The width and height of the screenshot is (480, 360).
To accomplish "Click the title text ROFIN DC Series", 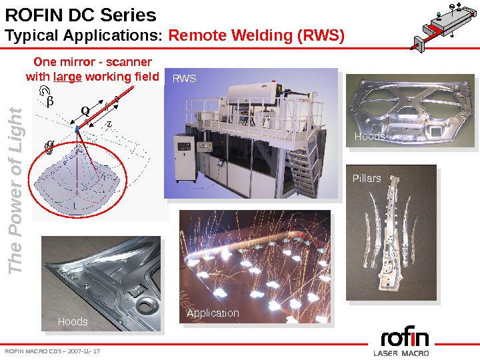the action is click(x=81, y=15).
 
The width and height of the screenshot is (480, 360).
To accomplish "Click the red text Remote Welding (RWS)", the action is click(x=257, y=35).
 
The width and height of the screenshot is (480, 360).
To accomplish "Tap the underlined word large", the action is click(x=67, y=77).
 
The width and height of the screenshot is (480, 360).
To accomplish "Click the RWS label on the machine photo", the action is click(x=185, y=79).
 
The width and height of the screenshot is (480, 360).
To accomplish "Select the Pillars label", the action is click(x=367, y=178).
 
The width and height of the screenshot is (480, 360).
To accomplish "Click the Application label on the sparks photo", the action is click(x=213, y=313).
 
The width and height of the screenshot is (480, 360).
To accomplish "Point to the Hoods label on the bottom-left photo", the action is click(x=73, y=321).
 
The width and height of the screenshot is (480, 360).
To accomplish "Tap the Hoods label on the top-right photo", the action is click(x=369, y=136).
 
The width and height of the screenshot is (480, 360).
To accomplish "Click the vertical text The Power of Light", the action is click(x=16, y=190).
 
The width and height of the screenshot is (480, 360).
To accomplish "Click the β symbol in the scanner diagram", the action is click(x=47, y=101).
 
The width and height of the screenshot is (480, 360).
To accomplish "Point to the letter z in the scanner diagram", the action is click(x=109, y=123).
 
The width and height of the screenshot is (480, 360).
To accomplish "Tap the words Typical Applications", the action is click(x=83, y=35).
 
